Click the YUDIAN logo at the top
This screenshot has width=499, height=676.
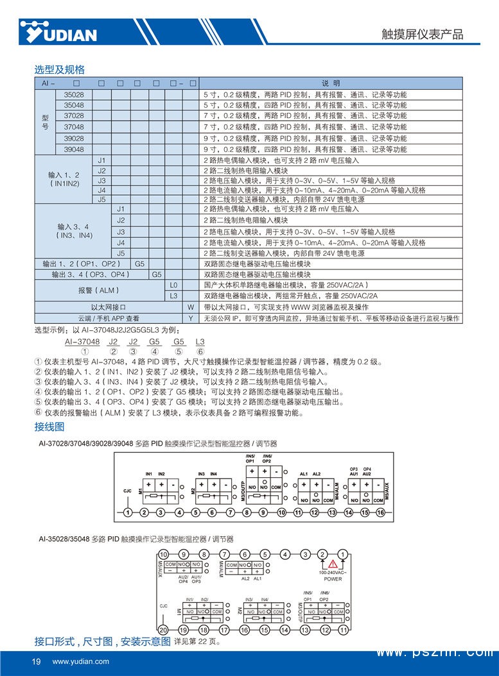(58, 32)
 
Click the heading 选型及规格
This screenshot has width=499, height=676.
(59, 69)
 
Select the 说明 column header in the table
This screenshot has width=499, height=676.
(330, 83)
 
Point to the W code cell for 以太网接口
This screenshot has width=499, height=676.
(191, 307)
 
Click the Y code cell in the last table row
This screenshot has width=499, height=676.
(191, 318)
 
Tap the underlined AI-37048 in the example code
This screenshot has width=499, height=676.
(83, 342)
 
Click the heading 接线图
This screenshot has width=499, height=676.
(49, 427)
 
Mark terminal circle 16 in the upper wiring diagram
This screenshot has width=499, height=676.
(380, 512)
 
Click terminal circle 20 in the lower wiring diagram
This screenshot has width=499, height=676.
(163, 630)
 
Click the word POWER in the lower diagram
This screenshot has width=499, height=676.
(333, 578)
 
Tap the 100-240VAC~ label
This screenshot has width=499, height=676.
(333, 571)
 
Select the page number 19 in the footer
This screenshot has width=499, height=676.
(36, 661)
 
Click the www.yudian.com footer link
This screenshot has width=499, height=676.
(81, 661)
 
